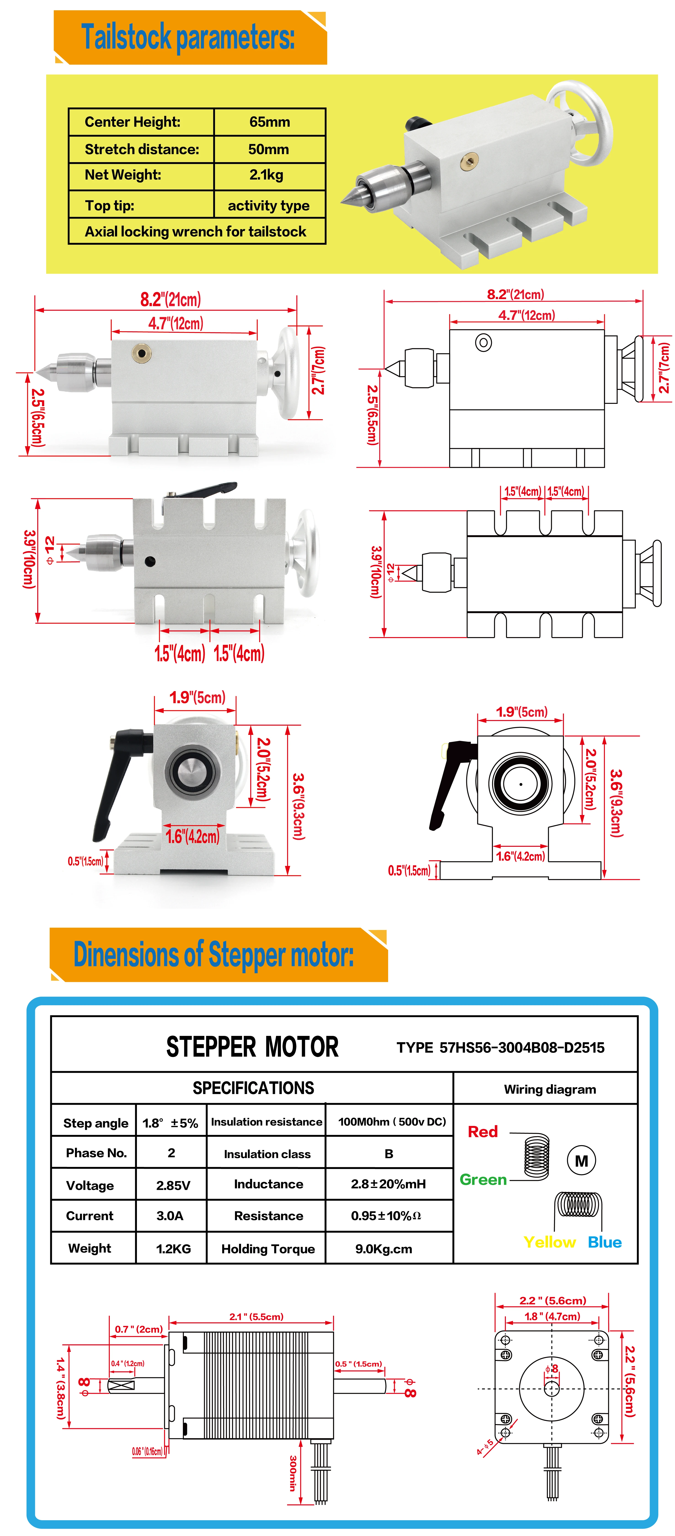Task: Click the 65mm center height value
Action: point(269,122)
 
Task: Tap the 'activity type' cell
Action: point(268,206)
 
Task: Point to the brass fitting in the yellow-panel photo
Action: point(470,160)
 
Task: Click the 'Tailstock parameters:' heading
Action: point(188,37)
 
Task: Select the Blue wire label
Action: point(605,1242)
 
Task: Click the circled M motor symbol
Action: point(581,1160)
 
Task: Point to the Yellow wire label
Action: point(549,1242)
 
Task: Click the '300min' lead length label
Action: point(293,1473)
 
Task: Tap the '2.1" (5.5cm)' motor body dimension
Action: point(256,1316)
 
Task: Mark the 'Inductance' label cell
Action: point(268,1184)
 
